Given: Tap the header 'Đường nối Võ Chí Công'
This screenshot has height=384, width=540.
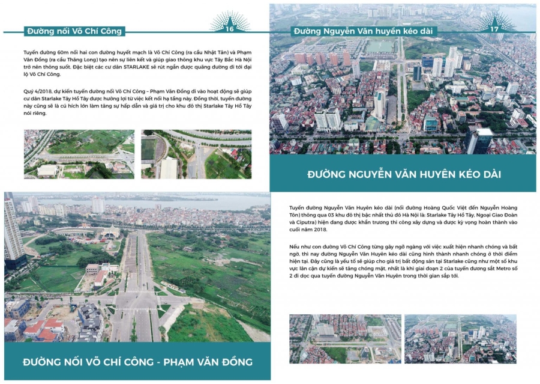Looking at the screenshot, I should tap(74, 31).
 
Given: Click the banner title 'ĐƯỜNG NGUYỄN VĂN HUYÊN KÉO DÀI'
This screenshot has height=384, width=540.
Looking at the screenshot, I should tap(404, 174).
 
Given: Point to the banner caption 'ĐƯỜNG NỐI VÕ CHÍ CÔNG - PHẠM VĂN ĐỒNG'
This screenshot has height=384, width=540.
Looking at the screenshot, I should tap(137, 362).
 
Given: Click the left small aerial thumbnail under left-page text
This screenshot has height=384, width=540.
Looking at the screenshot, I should tap(79, 154).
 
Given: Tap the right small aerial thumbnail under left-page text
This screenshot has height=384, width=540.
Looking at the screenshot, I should tap(197, 154).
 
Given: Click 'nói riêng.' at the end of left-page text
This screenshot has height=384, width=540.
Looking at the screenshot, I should tap(37, 113).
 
